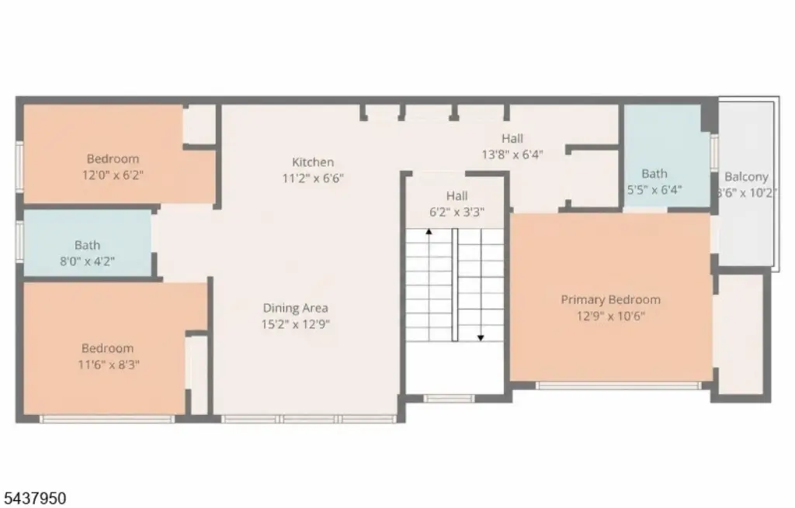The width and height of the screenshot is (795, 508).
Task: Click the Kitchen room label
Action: [313, 162]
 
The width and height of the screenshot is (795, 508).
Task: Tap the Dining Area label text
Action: [295, 308]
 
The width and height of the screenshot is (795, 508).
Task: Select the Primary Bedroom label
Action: [610, 299]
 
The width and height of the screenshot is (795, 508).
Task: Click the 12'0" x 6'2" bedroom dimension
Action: [113, 175]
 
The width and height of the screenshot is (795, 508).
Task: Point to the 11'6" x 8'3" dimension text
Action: [108, 365]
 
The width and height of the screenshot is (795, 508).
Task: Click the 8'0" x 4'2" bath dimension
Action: [87, 261]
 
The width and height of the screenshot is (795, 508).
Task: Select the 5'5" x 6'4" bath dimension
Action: [654, 190]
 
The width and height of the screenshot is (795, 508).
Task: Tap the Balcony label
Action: [746, 177]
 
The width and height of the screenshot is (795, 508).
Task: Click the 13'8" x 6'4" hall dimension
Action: [512, 154]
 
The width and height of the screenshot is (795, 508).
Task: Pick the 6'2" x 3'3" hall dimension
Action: [457, 213]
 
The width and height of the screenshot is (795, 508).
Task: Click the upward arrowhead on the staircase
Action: [429, 231]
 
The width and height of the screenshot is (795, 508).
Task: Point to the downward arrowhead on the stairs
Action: [480, 337]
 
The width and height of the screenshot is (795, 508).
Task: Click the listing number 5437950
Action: [34, 499]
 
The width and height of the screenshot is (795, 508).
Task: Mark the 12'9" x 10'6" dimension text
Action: [610, 316]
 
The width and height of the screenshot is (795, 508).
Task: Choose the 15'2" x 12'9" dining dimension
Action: [295, 324]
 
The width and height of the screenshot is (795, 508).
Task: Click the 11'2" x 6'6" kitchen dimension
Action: [313, 178]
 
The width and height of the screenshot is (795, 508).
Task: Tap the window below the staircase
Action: [449, 399]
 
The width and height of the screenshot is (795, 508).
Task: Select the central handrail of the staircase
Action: [455, 285]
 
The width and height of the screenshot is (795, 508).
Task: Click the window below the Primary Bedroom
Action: [619, 386]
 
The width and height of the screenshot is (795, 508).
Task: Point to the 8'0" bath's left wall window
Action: [19, 241]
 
